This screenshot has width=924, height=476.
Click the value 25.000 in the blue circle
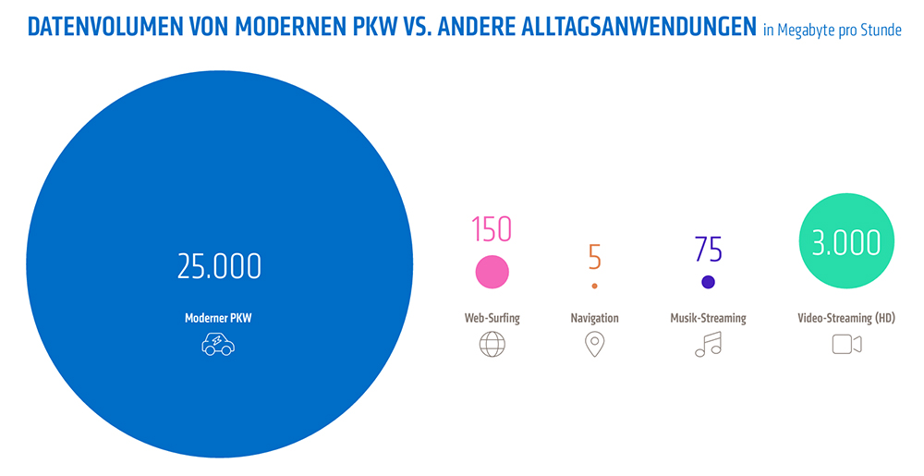click(219, 266)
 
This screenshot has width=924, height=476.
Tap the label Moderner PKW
click(218, 318)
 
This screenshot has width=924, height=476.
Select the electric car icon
click(218, 345)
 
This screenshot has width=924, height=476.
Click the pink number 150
click(492, 229)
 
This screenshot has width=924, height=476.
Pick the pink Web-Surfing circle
click(492, 272)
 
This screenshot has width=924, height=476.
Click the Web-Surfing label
click(492, 318)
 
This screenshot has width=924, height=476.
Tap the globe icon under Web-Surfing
click(492, 345)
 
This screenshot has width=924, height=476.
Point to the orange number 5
click(594, 256)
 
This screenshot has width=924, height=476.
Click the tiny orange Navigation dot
click(594, 286)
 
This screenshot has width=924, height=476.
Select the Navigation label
click(594, 318)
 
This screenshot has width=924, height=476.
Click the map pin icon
click(594, 345)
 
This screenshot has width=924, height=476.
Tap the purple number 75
click(708, 250)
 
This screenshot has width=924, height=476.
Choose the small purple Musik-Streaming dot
click(708, 282)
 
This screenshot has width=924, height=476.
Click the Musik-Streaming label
click(708, 318)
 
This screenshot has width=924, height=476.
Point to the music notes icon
click(708, 345)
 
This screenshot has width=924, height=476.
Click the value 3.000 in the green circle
click(846, 243)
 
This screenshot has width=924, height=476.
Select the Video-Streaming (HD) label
click(846, 318)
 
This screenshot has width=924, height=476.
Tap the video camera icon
click(846, 345)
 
